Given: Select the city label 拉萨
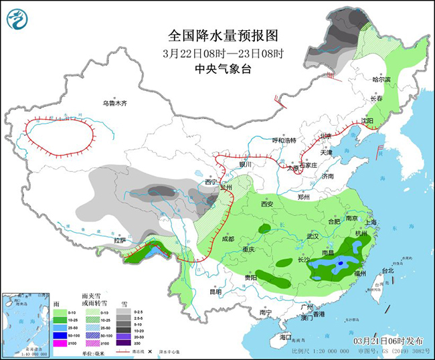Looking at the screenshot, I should click(x=120, y=240).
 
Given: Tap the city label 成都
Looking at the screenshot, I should click(x=227, y=238).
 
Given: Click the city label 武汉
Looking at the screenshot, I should click(x=313, y=236).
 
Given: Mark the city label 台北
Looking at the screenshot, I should click(x=387, y=271).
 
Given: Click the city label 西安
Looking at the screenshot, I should click(x=268, y=203).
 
